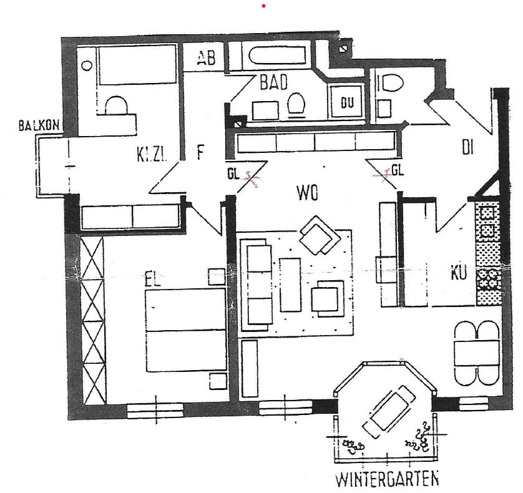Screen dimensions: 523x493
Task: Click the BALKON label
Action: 39,126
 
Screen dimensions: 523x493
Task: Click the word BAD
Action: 274,82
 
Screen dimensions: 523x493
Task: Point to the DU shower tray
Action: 346,102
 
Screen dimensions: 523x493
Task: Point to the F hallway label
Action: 200,153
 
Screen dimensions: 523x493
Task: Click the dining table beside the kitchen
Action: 477,353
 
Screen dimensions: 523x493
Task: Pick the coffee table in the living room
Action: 291,284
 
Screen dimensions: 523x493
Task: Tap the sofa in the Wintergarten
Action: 388,412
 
